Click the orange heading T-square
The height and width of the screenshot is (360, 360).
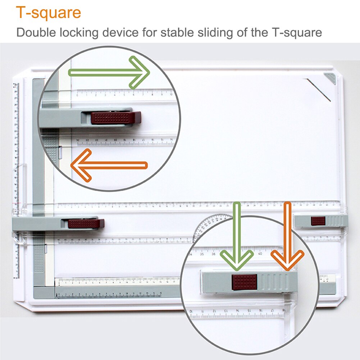(x=49, y=13)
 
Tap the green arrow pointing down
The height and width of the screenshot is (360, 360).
(x=237, y=237)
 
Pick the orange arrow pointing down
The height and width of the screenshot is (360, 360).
(x=287, y=237)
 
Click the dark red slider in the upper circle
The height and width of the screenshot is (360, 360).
(x=115, y=118)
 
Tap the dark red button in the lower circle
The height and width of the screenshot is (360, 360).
(x=245, y=282)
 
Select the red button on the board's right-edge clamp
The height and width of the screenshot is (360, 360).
(x=318, y=221)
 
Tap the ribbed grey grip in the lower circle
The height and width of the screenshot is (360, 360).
(x=277, y=282)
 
